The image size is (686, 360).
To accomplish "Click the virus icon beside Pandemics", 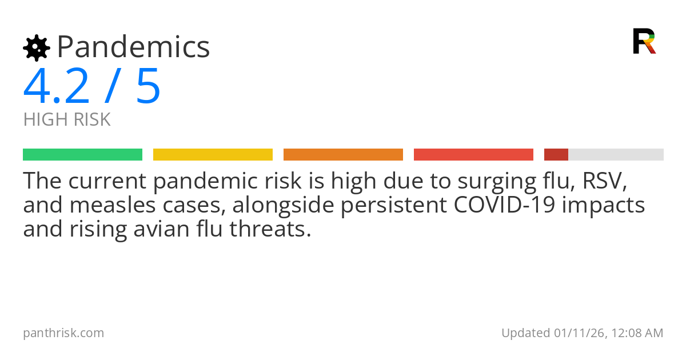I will pos(36,48).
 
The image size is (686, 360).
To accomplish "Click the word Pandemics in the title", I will pos(133,47).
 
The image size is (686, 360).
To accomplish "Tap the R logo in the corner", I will pos(644,41).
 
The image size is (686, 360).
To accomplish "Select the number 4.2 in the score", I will pos(57,87).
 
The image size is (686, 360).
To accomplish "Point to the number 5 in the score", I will pos(148,87).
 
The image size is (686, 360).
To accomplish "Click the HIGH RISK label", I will pos(67,120).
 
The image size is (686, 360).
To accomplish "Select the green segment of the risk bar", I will pos(82,155).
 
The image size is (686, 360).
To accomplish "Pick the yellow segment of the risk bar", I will pos(213,155).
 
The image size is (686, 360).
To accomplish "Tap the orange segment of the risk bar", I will pos(343,155).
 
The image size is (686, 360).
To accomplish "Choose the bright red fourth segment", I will pos(473,155).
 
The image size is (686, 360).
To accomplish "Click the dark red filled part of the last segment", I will pos(556,155).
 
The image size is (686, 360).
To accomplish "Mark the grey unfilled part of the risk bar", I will pos(616,155).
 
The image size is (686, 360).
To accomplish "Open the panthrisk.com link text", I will pos(63,333).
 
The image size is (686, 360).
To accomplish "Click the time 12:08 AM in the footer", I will pos(637,333).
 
